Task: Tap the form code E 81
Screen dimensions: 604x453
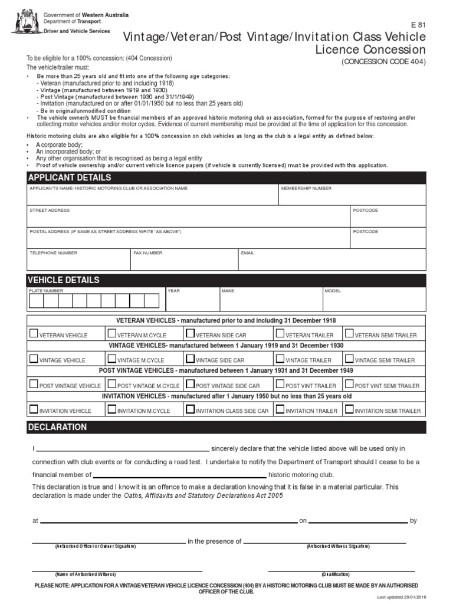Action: coord(418,25)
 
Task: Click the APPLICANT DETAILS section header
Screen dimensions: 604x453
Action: coord(70,178)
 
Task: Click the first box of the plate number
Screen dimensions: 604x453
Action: coord(36,301)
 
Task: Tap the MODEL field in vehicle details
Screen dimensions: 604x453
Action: coord(373,301)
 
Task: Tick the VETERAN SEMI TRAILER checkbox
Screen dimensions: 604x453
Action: coord(349,333)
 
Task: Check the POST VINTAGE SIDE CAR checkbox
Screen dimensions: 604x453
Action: coord(190,384)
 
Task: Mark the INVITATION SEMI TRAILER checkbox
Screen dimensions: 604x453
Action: coord(349,409)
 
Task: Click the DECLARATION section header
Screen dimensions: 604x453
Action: coord(57,427)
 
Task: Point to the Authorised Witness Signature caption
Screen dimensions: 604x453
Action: coord(337,546)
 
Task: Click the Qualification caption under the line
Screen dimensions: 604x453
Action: coord(336,574)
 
